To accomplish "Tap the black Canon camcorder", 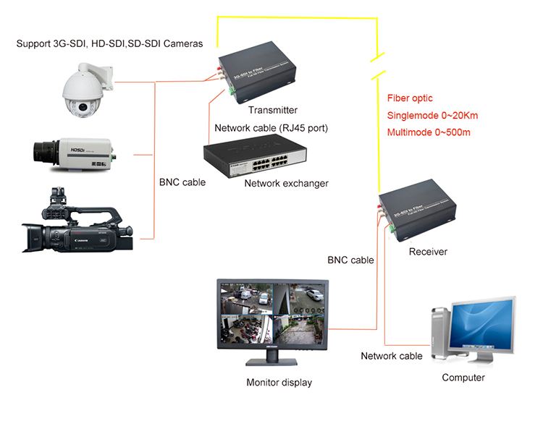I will tap(76, 224).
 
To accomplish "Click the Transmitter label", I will tap(272, 110).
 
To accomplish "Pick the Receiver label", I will tap(428, 252).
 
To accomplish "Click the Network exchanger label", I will tap(286, 183).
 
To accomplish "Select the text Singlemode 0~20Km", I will tap(432, 115).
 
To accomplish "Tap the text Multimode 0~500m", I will tap(429, 132).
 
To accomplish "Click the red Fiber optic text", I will tap(410, 98).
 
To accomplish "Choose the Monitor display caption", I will tap(279, 382).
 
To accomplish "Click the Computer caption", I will tap(463, 378).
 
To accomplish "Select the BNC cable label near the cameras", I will tap(182, 182).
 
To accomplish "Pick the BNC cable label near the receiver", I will tap(350, 260).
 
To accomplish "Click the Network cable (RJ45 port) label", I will tap(271, 128).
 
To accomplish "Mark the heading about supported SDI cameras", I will tap(109, 44).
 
